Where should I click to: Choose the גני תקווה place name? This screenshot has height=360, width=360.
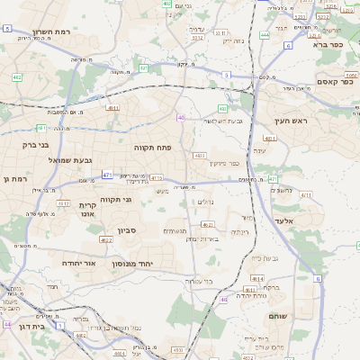click(115, 199)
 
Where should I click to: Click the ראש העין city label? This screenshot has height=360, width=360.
click(292, 121)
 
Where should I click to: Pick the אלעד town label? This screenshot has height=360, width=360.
click(308, 220)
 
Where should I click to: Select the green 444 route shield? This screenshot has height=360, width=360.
click(265, 35)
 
